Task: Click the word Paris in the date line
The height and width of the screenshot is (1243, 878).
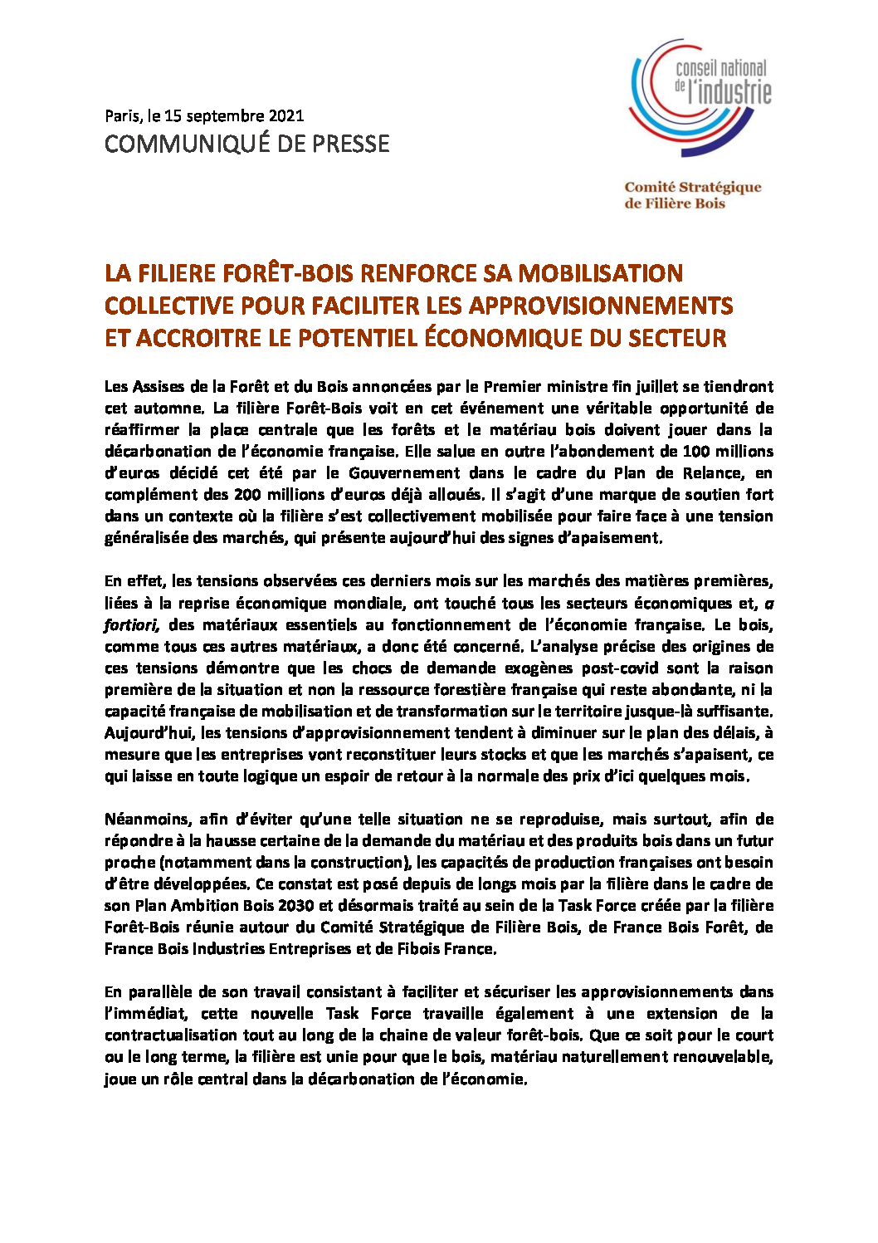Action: tap(122, 116)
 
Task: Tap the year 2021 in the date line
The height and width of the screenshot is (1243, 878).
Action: tap(286, 116)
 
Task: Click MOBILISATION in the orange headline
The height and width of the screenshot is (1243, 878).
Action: tap(600, 273)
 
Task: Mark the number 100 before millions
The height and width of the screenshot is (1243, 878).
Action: tap(695, 452)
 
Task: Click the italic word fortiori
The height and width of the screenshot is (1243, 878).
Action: tap(131, 625)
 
